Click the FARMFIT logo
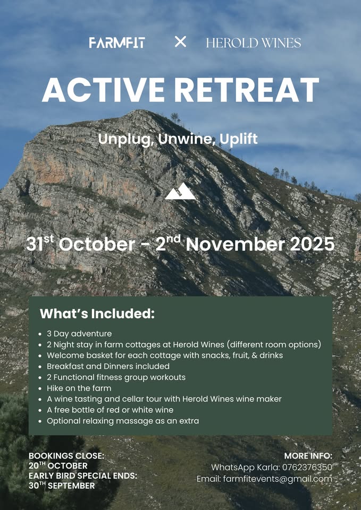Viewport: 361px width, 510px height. pyautogui.click(x=117, y=42)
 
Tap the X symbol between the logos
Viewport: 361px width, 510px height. pyautogui.click(x=180, y=41)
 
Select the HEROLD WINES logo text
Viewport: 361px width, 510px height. pyautogui.click(x=254, y=42)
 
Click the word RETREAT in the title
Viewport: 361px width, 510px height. pyautogui.click(x=246, y=90)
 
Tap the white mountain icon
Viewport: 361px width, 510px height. pyautogui.click(x=180, y=191)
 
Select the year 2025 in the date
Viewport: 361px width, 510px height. pyautogui.click(x=312, y=244)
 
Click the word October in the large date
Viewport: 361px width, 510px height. pyautogui.click(x=97, y=244)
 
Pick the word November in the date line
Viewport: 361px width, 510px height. pyautogui.click(x=236, y=244)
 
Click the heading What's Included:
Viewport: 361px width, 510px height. pyautogui.click(x=97, y=314)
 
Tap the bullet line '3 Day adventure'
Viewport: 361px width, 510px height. pyautogui.click(x=79, y=334)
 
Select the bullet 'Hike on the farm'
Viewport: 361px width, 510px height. pyautogui.click(x=79, y=388)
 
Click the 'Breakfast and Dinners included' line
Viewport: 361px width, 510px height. pyautogui.click(x=108, y=366)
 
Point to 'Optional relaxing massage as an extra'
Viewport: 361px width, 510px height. pyautogui.click(x=123, y=421)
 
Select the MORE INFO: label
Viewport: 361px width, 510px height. pyautogui.click(x=308, y=456)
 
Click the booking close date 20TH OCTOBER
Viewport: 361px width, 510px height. pyautogui.click(x=58, y=466)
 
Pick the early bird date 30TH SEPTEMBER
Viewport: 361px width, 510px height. pyautogui.click(x=62, y=486)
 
